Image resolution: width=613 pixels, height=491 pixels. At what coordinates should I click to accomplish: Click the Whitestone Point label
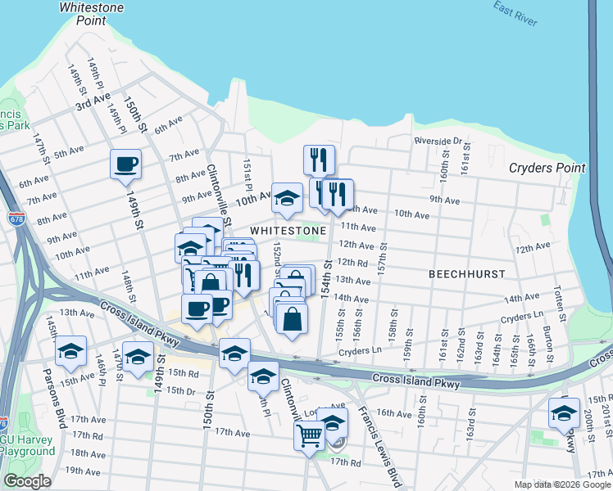click(91, 13)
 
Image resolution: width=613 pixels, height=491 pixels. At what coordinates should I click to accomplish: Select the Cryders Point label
click(547, 168)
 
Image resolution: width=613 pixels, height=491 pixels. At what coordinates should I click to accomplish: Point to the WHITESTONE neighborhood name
click(288, 231)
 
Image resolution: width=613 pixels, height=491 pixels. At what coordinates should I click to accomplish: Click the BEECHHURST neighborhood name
click(466, 273)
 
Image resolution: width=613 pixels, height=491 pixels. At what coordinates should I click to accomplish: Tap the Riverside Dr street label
click(438, 141)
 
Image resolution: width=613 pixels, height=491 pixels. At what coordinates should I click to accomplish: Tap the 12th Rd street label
click(352, 263)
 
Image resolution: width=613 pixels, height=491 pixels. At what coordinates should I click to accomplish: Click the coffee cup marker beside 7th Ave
click(126, 164)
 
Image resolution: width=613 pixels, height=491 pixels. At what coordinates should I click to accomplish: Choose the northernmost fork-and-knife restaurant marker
click(319, 159)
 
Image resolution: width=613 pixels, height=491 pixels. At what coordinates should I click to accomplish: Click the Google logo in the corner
click(27, 480)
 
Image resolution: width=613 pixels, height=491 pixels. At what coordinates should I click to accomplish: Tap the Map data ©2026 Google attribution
click(561, 484)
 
